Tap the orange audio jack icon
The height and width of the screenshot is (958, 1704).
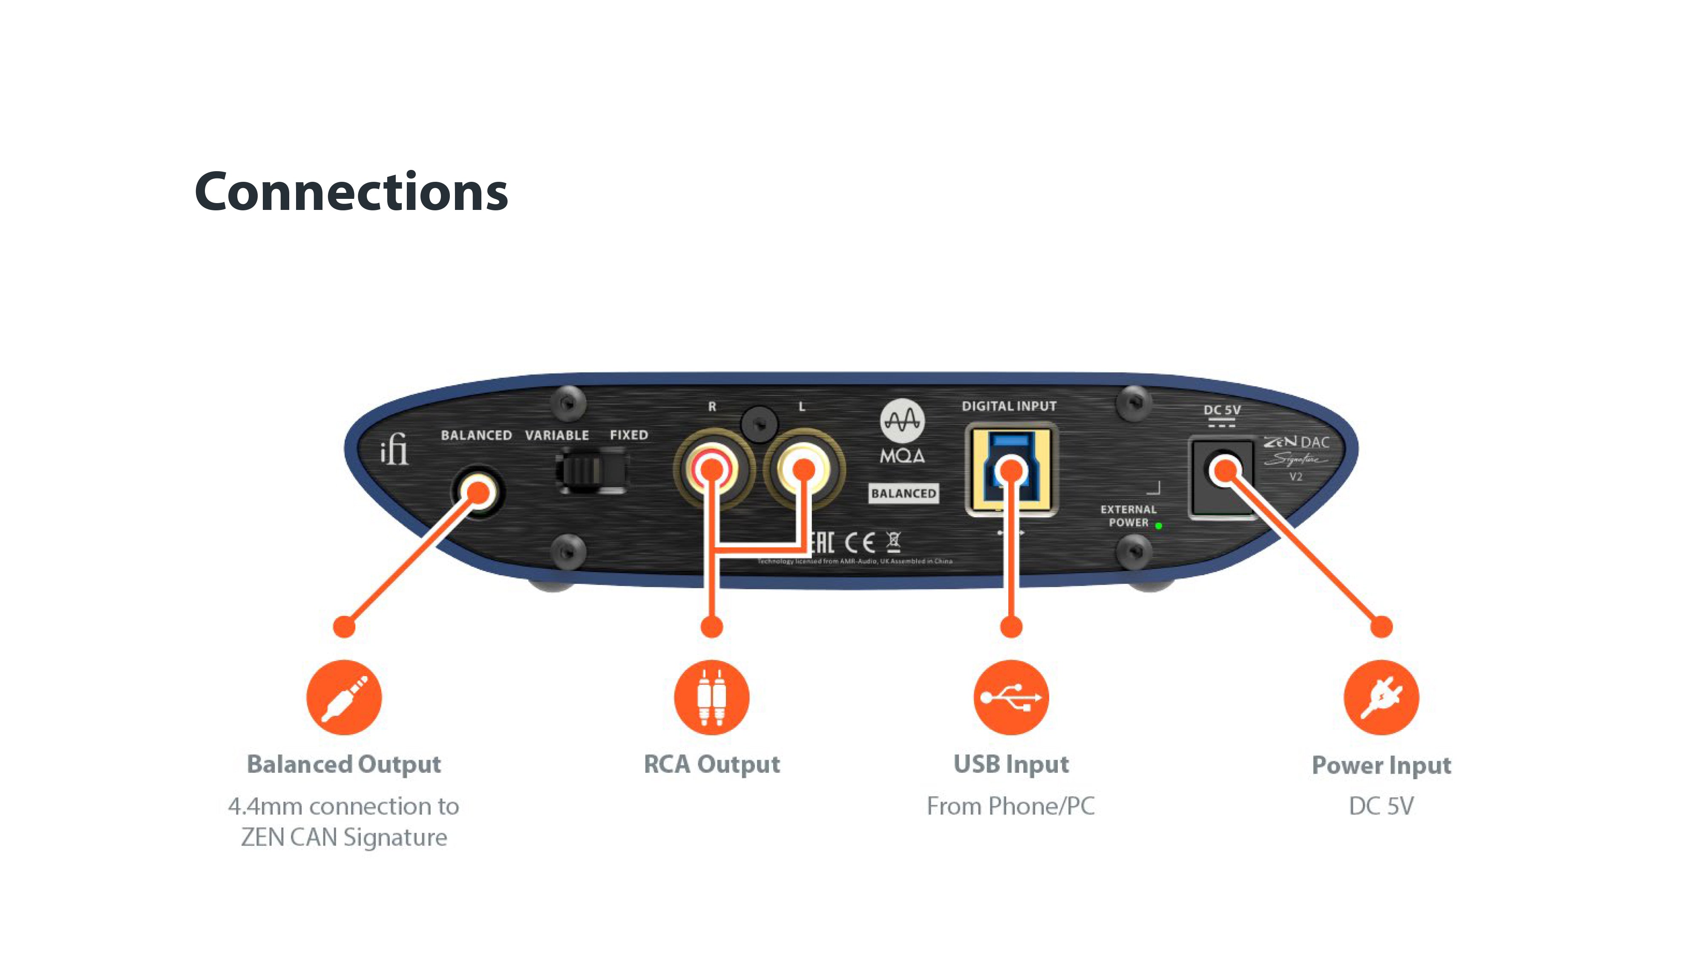coord(344,697)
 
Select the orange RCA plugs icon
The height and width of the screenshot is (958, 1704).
coord(712,697)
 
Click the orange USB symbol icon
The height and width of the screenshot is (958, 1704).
coord(1011,697)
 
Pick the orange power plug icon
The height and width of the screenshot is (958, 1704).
coord(1381,697)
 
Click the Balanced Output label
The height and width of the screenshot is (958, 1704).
coord(344,764)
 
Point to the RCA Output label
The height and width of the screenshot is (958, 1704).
coord(712,764)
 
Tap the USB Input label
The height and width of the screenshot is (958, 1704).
coord(1011,764)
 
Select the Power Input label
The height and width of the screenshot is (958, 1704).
coord(1381,765)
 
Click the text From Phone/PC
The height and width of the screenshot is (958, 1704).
coord(1011,806)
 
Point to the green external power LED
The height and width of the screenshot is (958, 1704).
coord(1158,526)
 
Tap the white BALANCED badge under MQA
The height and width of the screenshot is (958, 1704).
coord(904,493)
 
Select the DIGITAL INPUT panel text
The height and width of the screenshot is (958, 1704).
coord(1009,406)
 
